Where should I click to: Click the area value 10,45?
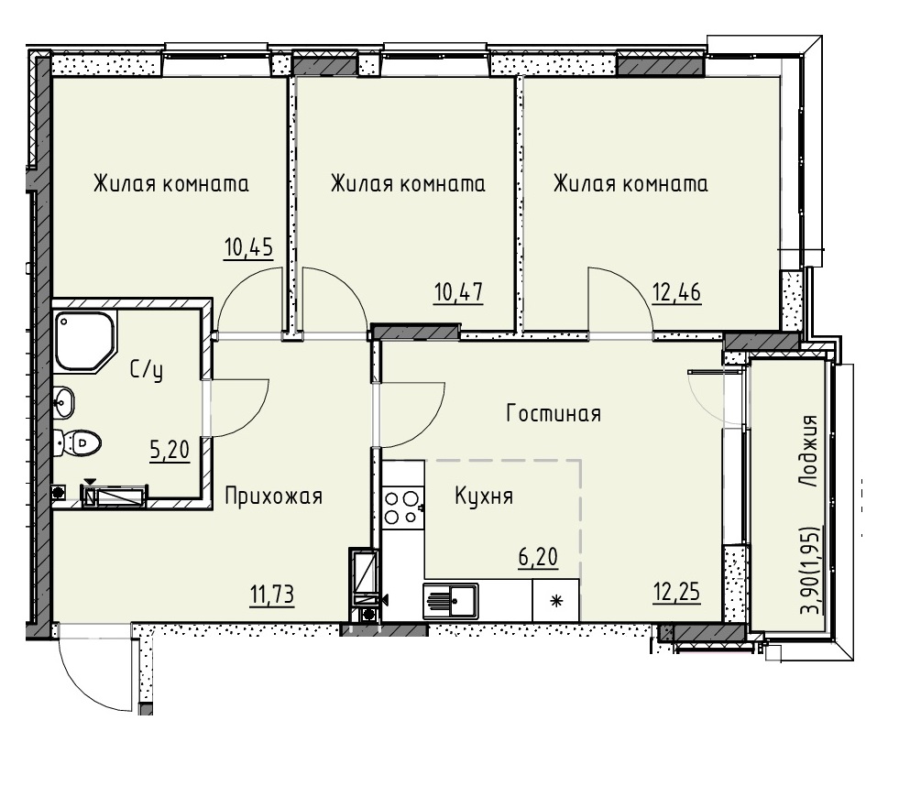pos(248,248)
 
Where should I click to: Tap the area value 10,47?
pos(458,291)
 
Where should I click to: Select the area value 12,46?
pos(676,291)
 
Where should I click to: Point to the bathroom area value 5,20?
pos(170,450)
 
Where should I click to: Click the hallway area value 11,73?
pos(272,595)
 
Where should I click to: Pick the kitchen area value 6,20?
pos(538,556)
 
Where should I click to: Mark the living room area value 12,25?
pos(676,593)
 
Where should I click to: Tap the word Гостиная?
pos(554,414)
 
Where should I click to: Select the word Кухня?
pos(484,497)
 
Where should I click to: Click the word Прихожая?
pos(274,497)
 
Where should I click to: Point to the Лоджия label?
pos(809,451)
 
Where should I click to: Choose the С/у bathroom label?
pos(147,370)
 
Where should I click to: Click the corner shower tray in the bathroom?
pos(85,341)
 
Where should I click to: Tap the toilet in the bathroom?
pos(77,442)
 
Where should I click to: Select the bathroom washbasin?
pos(64,403)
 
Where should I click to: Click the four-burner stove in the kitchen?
pos(402,508)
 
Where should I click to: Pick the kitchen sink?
pos(451,601)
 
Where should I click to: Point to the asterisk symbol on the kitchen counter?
pos(555,601)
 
